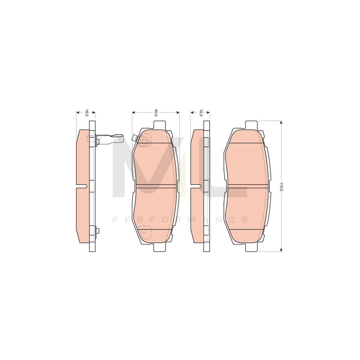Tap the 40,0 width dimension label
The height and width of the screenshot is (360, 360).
pos(156,113)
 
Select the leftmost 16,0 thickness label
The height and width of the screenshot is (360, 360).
pos(86,113)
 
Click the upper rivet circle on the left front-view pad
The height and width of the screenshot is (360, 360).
pos(145,142)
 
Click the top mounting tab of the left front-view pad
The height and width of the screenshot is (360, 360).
pos(159,125)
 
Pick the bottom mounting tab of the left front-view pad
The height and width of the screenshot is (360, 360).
pos(159,248)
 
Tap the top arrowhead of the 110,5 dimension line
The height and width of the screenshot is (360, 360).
pos(281,123)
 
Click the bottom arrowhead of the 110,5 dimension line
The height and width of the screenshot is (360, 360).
pos(281,249)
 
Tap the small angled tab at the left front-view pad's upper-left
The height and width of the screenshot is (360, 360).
pos(135,138)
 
